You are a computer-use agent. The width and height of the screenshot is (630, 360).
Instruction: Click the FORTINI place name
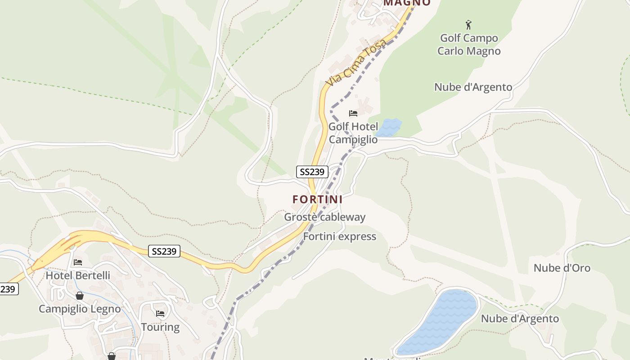point(317,199)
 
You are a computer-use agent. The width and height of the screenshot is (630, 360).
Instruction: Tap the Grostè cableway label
point(324,217)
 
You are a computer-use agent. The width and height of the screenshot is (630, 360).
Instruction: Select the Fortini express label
point(339,237)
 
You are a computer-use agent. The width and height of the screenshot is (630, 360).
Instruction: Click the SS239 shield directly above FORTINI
point(312,172)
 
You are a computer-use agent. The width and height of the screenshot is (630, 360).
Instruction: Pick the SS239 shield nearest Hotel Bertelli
point(164,251)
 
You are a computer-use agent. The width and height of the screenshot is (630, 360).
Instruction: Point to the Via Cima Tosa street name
point(356,63)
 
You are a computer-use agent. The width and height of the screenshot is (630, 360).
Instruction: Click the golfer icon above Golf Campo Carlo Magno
point(468,24)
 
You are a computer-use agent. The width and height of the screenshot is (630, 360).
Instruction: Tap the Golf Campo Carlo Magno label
point(469,45)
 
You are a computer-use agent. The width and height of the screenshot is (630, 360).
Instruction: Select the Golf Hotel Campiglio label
point(353,133)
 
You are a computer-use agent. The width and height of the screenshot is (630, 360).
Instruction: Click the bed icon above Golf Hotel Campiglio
point(353,113)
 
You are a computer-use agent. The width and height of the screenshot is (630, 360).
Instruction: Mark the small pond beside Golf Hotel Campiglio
point(388,128)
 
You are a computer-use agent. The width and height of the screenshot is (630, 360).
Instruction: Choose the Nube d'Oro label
point(562,268)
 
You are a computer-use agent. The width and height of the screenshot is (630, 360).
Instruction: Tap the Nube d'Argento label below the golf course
point(473,87)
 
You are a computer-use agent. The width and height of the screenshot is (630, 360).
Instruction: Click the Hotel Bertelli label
point(78,275)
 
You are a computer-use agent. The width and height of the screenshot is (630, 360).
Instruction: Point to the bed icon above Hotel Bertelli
point(78,262)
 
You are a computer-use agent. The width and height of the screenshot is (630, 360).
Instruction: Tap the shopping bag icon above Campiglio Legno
point(80,296)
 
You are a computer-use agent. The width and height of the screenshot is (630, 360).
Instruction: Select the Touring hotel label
point(160,327)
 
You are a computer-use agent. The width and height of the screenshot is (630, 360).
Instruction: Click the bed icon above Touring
point(160,314)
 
